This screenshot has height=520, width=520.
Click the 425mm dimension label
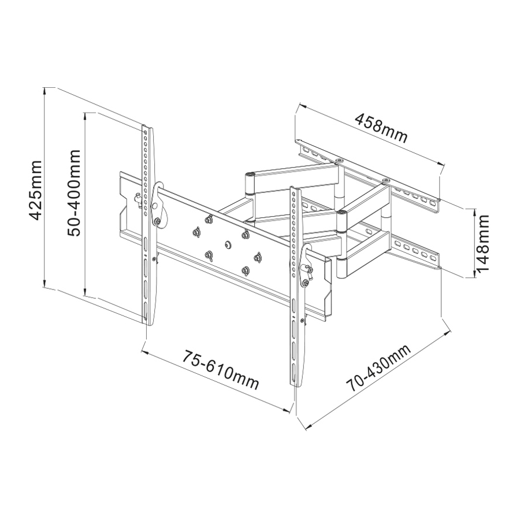pos(35,190)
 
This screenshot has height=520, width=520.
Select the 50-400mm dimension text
pos(74,192)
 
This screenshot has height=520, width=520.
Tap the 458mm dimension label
pos(381,128)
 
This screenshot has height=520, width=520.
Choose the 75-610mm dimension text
pos(221,370)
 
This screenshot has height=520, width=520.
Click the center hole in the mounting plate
pos(228,244)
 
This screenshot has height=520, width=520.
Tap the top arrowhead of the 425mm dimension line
pos(44,91)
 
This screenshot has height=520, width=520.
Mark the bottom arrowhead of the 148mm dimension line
pos(474,274)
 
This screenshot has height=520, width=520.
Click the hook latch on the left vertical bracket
pos(158,205)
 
